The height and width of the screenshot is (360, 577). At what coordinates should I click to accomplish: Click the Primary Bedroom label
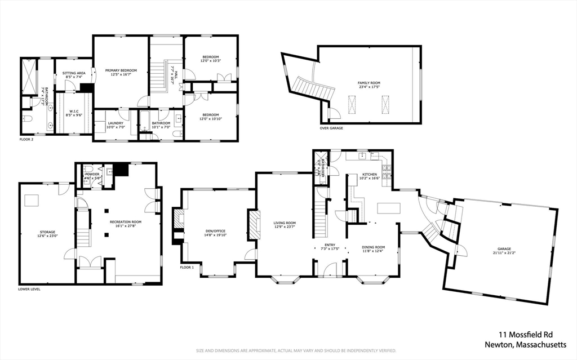[x=121, y=71]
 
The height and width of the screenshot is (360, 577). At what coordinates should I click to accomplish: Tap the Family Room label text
[x=369, y=83]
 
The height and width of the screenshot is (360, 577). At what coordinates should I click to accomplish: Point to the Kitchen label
[x=369, y=175]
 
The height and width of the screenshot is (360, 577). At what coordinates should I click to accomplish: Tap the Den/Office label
[x=215, y=232]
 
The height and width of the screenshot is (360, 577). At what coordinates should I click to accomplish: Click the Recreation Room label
[x=122, y=223]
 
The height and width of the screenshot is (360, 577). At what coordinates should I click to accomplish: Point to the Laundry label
[x=114, y=123]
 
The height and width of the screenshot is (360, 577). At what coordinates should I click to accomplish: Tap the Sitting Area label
[x=73, y=73]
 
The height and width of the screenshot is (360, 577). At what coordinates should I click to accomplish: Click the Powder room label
[x=92, y=175]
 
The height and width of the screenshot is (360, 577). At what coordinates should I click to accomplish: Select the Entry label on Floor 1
[x=330, y=245]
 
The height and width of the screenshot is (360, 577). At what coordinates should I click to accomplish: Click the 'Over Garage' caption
[x=331, y=128]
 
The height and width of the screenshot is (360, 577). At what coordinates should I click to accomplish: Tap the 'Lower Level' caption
[x=29, y=289]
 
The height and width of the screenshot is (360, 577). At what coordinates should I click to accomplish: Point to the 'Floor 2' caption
[x=26, y=139]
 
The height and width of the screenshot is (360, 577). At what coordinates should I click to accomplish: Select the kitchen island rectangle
[x=388, y=208]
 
